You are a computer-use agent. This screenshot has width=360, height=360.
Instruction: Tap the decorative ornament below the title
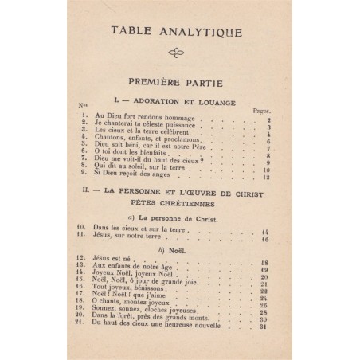pyautogui.click(x=179, y=54)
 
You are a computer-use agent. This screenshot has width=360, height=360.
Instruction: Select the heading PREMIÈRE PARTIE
pyautogui.click(x=180, y=82)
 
